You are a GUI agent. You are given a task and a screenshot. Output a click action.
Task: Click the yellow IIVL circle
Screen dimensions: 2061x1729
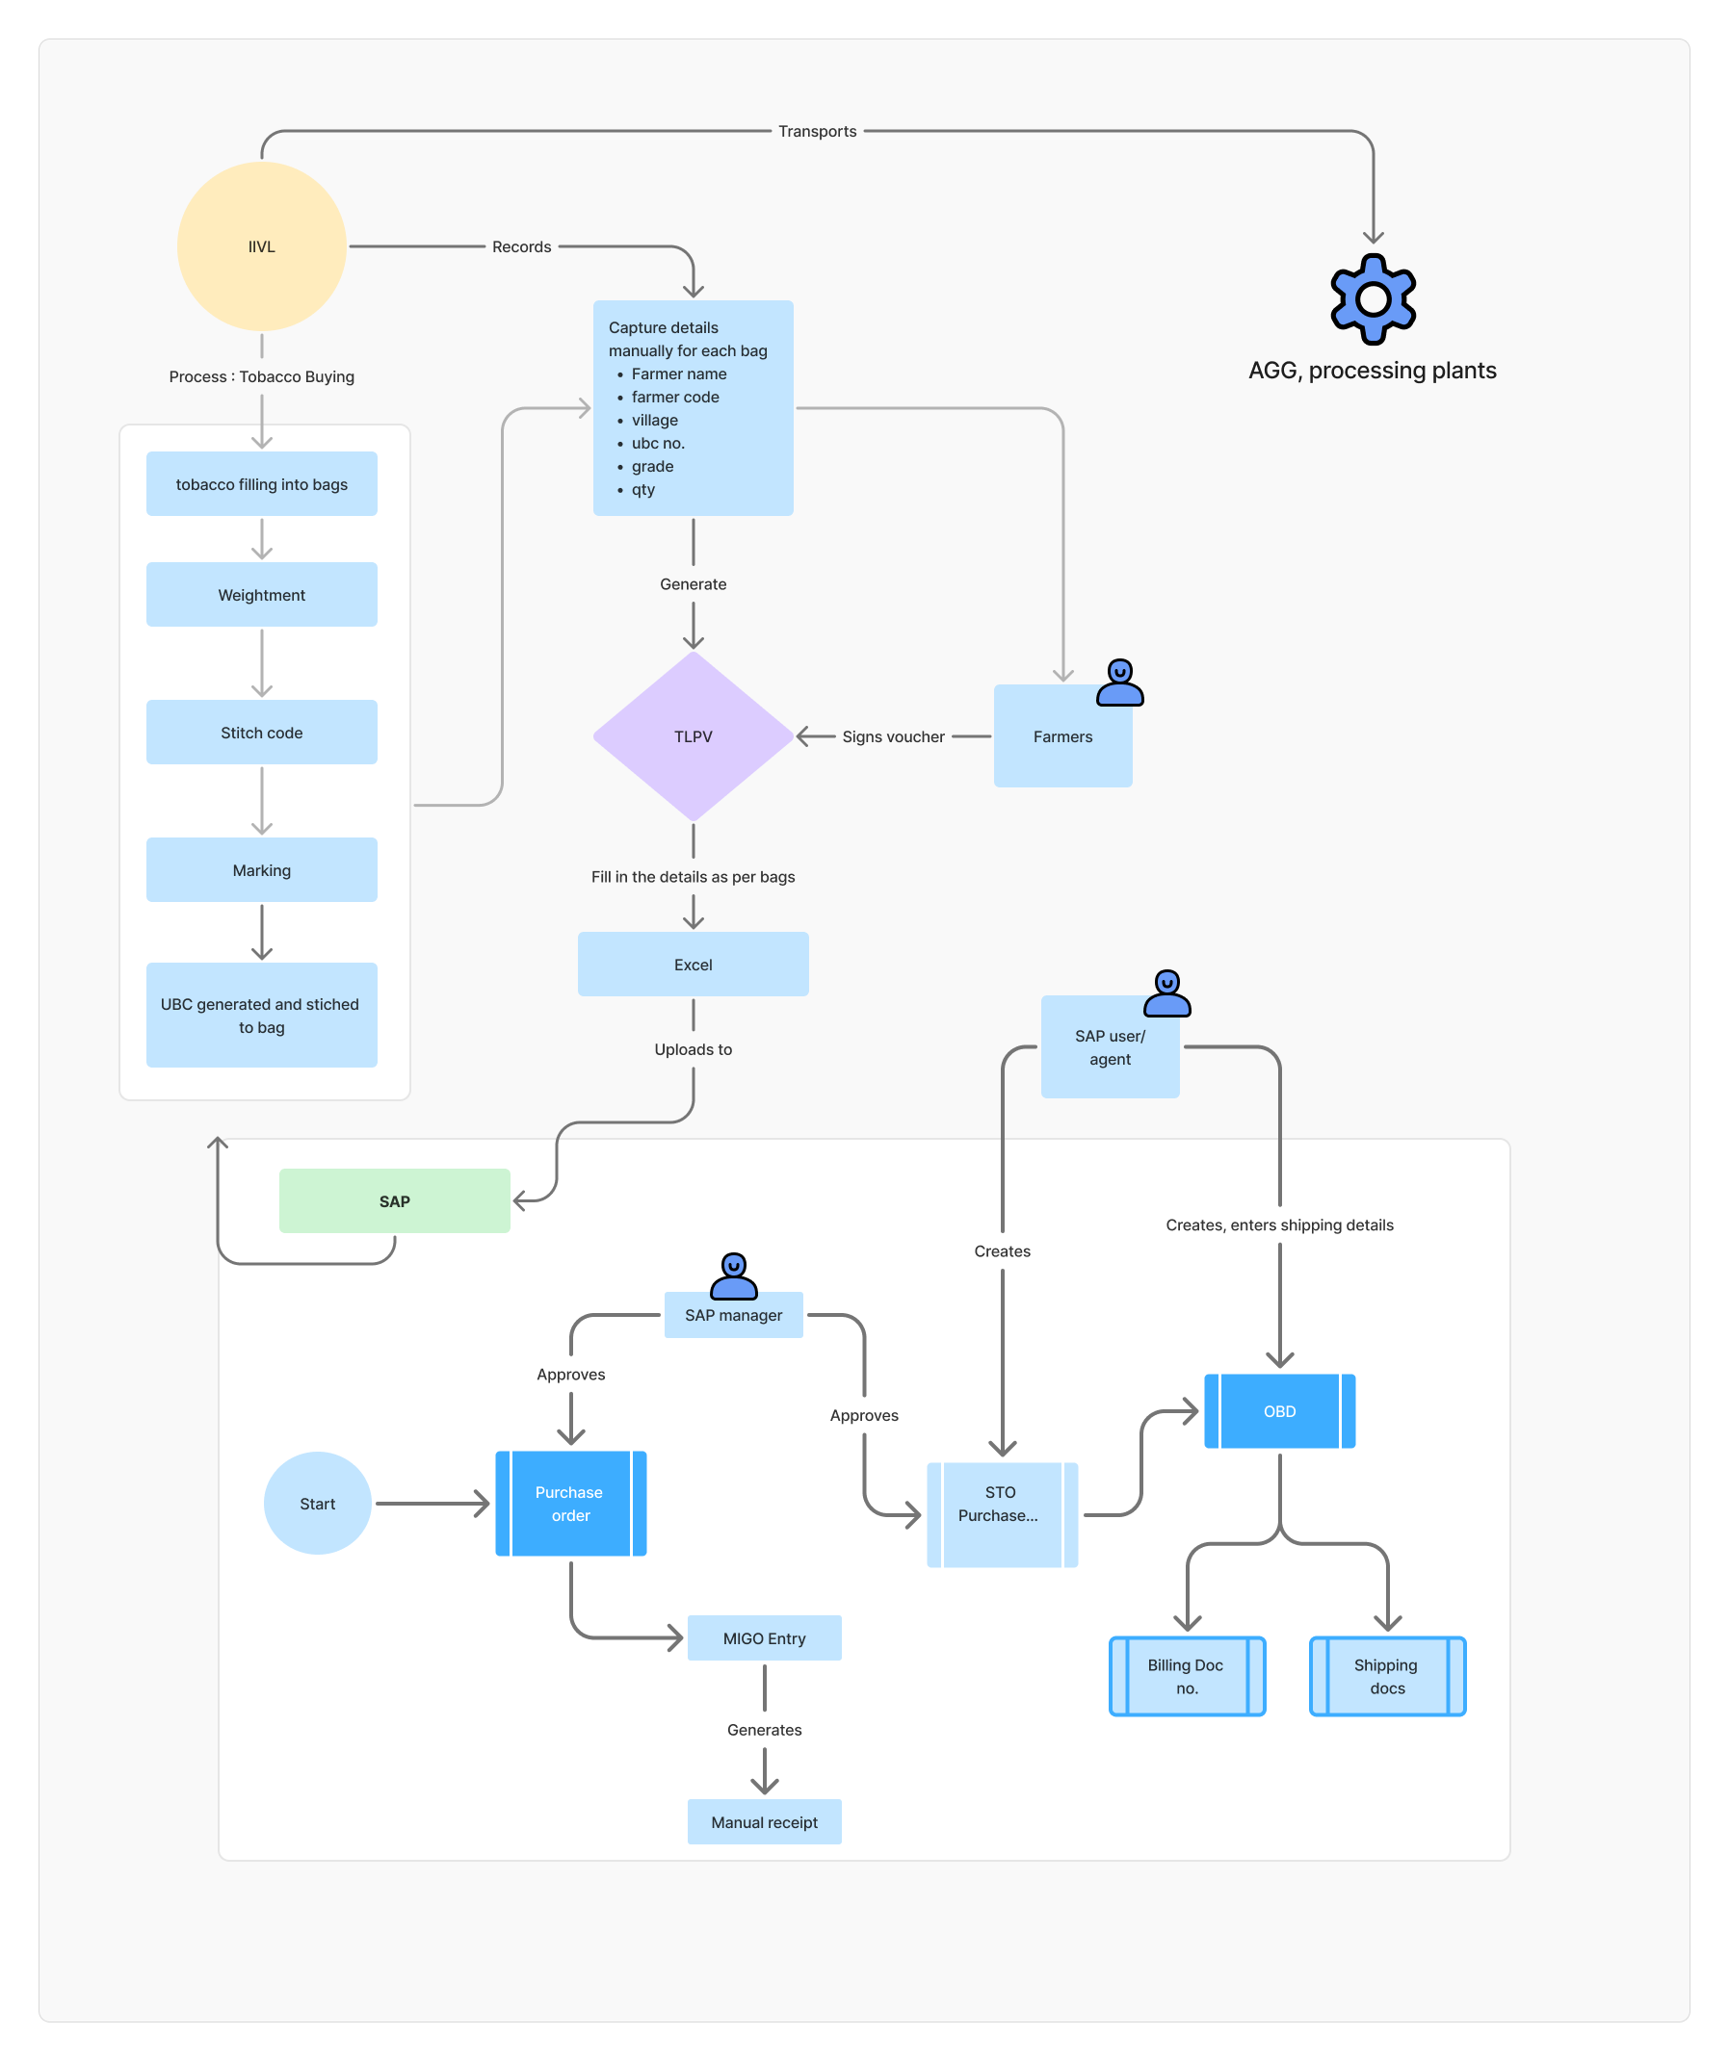[261, 246]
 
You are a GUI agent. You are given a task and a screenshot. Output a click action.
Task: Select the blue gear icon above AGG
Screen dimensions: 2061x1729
[1373, 299]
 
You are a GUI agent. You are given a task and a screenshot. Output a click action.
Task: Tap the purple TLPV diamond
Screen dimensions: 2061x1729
[694, 736]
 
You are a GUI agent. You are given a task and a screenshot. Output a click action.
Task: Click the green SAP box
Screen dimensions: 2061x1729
[395, 1201]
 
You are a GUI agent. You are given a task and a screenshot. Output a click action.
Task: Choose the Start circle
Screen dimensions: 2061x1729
[317, 1504]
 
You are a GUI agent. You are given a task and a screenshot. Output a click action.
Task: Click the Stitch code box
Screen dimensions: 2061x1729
[261, 733]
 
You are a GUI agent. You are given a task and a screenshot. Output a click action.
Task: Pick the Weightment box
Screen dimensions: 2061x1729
[261, 595]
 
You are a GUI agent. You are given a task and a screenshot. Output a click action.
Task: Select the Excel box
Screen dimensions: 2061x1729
[694, 965]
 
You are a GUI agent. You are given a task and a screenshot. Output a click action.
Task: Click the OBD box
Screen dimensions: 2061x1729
[1279, 1411]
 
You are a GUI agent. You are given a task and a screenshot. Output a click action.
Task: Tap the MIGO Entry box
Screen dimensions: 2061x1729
[764, 1638]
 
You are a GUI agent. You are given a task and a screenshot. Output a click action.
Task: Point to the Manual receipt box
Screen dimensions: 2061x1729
[764, 1822]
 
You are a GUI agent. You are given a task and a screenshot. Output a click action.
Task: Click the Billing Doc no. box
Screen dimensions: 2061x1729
[1186, 1676]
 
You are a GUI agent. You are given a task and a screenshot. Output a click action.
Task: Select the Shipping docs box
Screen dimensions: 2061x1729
[1386, 1676]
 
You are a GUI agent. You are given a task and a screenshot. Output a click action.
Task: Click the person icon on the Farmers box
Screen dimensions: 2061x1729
[1119, 683]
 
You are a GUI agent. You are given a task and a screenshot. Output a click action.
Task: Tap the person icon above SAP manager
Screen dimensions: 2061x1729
[733, 1275]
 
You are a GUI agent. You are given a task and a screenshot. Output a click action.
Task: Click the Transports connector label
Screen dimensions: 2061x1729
[817, 132]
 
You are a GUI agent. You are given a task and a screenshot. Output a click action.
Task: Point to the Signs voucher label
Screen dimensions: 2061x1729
[893, 737]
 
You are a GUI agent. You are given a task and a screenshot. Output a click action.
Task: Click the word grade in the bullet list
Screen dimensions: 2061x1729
[652, 466]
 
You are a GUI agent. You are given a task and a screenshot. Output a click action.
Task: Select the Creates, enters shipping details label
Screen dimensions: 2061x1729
[1279, 1224]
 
